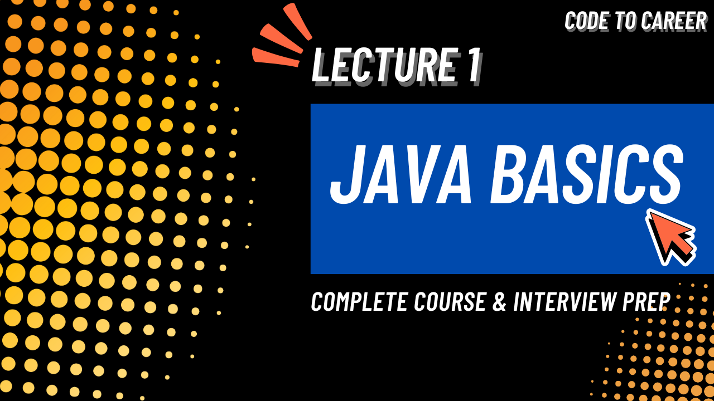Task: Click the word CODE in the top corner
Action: click(x=583, y=21)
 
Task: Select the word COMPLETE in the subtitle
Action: click(x=351, y=302)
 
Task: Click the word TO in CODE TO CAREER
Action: click(x=614, y=21)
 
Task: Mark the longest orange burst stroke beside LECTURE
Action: click(x=276, y=57)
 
